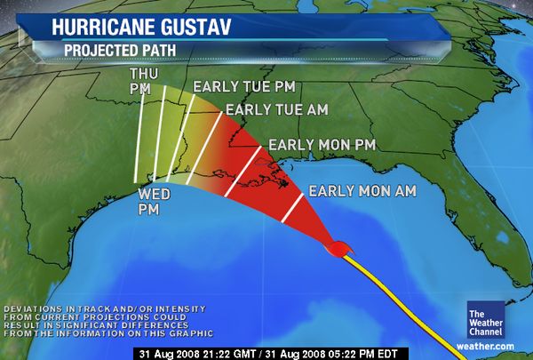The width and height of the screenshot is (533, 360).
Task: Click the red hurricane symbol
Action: (338, 249)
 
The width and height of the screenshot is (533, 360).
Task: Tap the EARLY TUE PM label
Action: (244, 87)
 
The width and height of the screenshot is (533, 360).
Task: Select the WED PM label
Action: (149, 202)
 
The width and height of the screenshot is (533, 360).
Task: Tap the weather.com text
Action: (486, 345)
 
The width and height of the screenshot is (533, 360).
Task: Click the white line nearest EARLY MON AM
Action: (293, 206)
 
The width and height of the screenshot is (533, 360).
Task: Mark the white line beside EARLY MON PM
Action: (243, 172)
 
